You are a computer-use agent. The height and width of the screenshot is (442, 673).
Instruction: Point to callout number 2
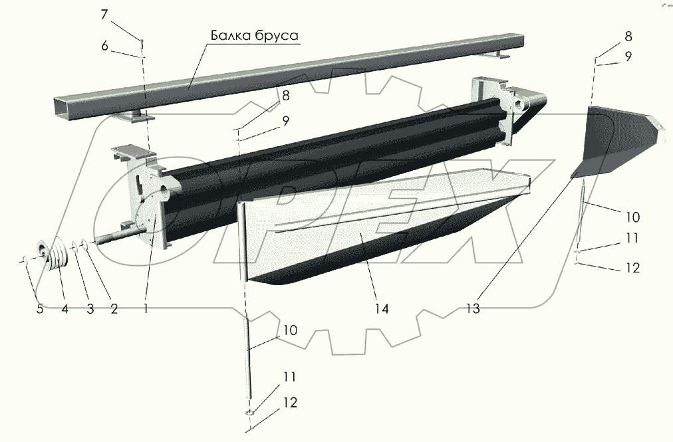click(114, 308)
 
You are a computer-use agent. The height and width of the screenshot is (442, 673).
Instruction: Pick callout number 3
click(90, 308)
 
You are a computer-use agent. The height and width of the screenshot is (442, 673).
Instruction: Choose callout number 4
click(65, 308)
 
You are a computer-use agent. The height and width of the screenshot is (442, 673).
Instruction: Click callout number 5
click(39, 308)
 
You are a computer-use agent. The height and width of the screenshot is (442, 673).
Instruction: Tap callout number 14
click(381, 308)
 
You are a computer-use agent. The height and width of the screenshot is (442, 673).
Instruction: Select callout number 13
click(472, 308)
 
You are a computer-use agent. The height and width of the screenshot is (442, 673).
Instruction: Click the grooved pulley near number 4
click(56, 255)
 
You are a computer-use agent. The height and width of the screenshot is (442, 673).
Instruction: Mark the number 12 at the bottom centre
click(289, 402)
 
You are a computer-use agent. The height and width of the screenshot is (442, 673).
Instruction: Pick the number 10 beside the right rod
click(632, 217)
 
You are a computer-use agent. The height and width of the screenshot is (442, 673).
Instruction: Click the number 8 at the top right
click(628, 36)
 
